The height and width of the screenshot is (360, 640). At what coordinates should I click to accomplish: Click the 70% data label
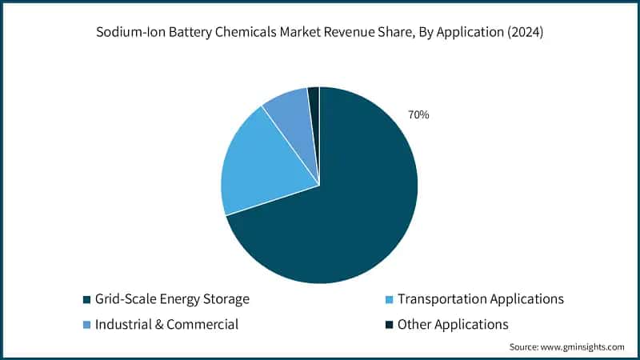pyautogui.click(x=418, y=115)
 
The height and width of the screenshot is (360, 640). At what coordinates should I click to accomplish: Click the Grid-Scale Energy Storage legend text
pyautogui.click(x=172, y=299)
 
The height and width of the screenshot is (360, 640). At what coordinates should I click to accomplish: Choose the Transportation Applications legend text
pyautogui.click(x=481, y=299)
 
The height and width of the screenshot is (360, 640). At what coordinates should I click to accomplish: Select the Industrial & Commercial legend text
pyautogui.click(x=166, y=325)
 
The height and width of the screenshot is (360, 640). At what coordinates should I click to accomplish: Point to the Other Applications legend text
pyautogui.click(x=453, y=325)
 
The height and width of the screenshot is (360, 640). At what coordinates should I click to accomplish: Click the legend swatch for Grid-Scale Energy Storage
pyautogui.click(x=86, y=300)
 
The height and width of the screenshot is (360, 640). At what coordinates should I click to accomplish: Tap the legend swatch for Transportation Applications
pyautogui.click(x=390, y=300)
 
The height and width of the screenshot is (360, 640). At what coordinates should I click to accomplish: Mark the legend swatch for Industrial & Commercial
pyautogui.click(x=86, y=326)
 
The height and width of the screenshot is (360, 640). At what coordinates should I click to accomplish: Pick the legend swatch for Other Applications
pyautogui.click(x=390, y=326)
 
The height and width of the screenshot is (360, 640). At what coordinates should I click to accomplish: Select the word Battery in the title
pyautogui.click(x=190, y=33)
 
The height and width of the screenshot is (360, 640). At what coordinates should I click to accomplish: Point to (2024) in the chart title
pyautogui.click(x=526, y=33)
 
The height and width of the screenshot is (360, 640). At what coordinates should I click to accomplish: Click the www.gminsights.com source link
pyautogui.click(x=582, y=347)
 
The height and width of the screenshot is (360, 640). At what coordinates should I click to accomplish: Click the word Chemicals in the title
pyautogui.click(x=246, y=32)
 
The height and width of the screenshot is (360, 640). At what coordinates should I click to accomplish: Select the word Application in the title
pyautogui.click(x=470, y=33)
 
